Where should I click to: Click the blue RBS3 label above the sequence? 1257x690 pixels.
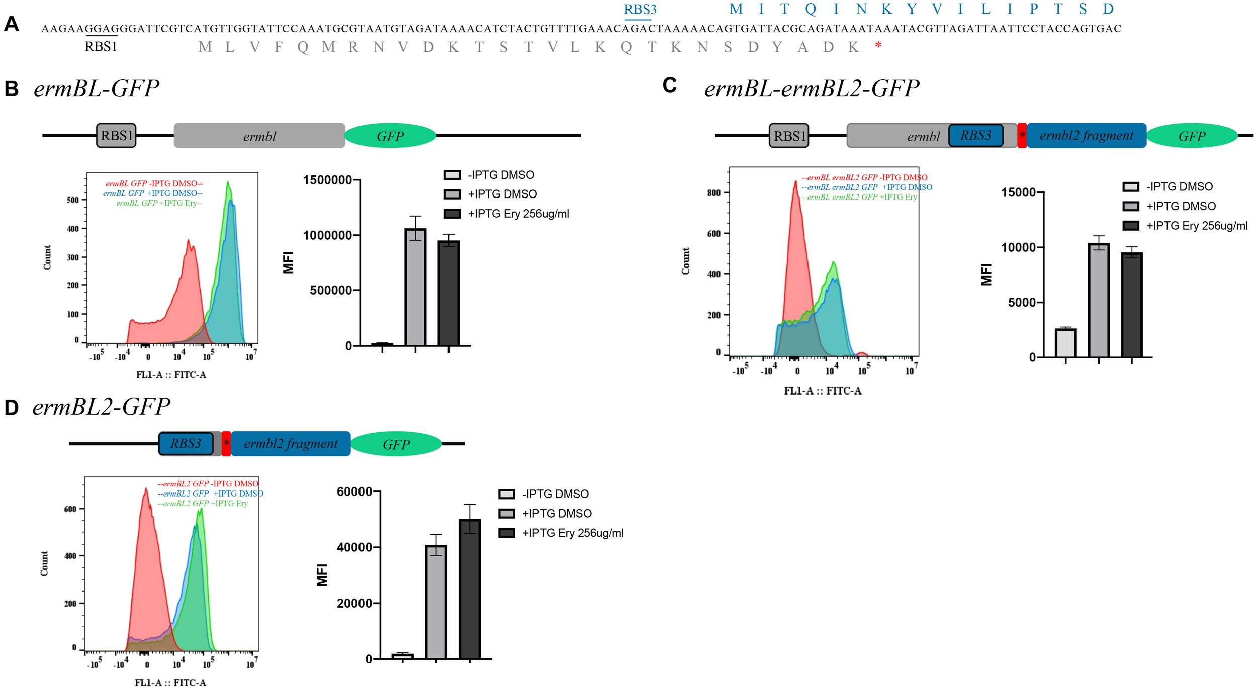(640, 10)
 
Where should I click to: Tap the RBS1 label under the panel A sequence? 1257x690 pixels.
(101, 47)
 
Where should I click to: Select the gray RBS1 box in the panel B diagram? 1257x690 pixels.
(116, 136)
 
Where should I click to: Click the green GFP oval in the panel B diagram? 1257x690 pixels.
(390, 136)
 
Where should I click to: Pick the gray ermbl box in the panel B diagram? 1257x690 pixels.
(259, 136)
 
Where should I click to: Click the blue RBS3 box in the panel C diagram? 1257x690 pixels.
(975, 135)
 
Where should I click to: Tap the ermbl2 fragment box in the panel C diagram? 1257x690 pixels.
(1086, 135)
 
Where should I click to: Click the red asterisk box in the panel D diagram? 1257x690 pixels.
(226, 443)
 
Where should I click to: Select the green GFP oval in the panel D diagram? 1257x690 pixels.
(396, 444)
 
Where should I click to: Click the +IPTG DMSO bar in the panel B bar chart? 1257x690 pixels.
(415, 287)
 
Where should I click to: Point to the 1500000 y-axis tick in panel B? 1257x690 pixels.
(327, 180)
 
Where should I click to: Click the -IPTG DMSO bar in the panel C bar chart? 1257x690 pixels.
(1065, 343)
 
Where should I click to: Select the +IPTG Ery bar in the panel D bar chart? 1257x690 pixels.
(470, 589)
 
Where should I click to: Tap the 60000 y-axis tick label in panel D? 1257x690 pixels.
(354, 491)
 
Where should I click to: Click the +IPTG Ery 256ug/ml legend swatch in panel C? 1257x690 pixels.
(1131, 226)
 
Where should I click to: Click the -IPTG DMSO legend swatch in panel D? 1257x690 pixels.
(506, 494)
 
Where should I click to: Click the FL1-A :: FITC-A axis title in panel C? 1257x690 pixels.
(823, 391)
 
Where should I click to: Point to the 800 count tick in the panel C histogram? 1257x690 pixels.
(714, 193)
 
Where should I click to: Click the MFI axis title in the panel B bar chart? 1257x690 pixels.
(288, 262)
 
